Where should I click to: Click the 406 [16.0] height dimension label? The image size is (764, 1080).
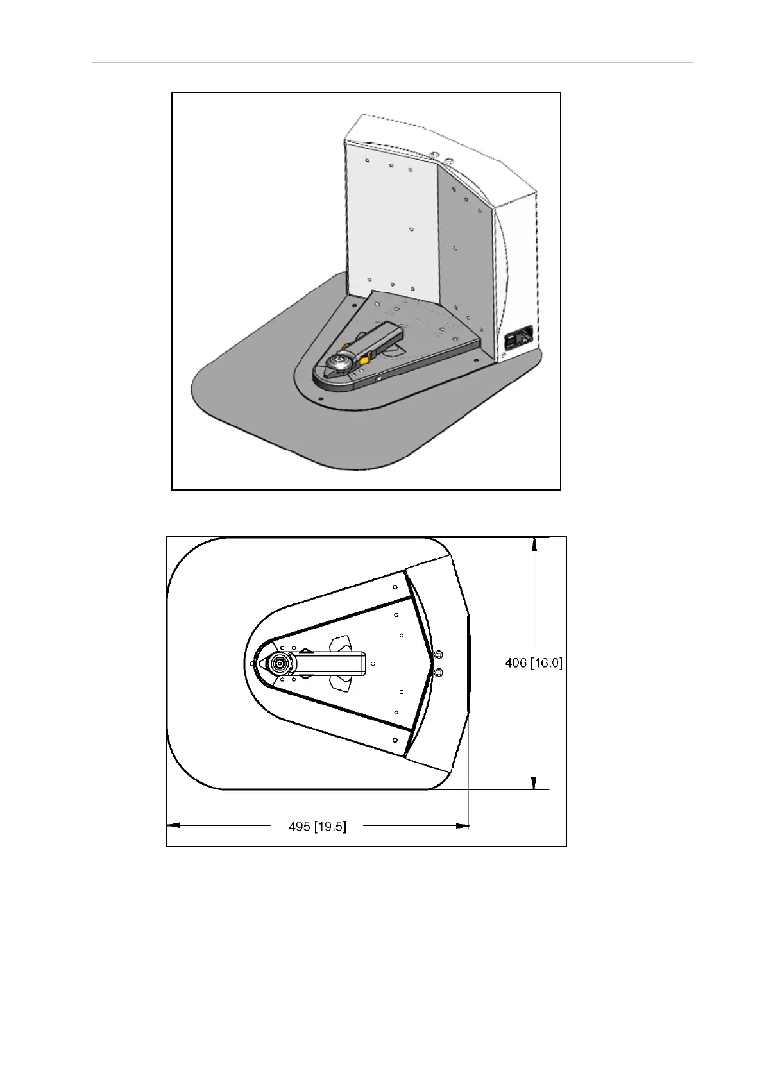pyautogui.click(x=533, y=663)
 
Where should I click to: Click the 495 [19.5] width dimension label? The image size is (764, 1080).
pyautogui.click(x=318, y=827)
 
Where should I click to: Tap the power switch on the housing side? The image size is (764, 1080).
pyautogui.click(x=520, y=337)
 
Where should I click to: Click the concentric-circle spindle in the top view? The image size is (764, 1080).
pyautogui.click(x=279, y=664)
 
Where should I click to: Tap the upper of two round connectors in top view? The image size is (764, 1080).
pyautogui.click(x=439, y=654)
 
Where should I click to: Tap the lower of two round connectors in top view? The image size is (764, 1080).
pyautogui.click(x=439, y=672)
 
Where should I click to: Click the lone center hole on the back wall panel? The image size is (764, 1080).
pyautogui.click(x=411, y=228)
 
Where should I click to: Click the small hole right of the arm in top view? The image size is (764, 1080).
pyautogui.click(x=373, y=664)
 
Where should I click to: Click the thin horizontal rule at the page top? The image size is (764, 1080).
pyautogui.click(x=392, y=63)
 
